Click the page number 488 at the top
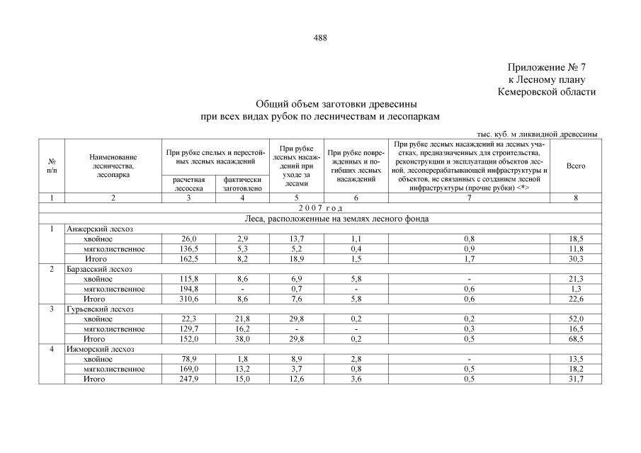coord(320,38)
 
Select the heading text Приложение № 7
coord(548,68)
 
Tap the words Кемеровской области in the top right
coord(546,92)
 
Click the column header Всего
coord(576,166)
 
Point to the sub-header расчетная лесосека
coord(188,184)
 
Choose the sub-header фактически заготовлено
coord(243,184)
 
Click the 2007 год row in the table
coord(320,208)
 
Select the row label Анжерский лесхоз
coord(99,229)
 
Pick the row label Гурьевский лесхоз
coord(100,309)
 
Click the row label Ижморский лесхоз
coord(100,349)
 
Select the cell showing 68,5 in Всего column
coord(576,339)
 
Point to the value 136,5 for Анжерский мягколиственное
coord(188,249)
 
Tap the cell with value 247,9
coord(188,379)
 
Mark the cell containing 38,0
coord(243,339)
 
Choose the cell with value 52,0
coord(576,319)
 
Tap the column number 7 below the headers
coord(468,198)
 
